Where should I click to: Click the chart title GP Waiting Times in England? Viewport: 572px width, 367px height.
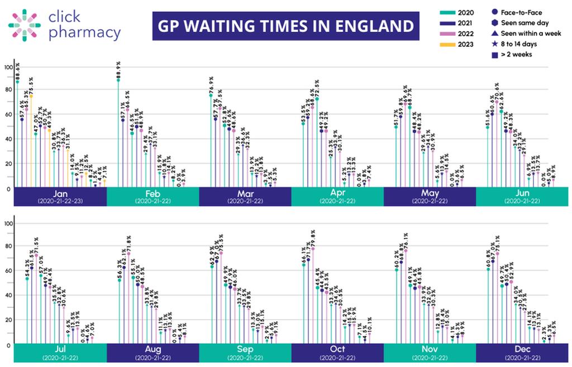click(x=285, y=26)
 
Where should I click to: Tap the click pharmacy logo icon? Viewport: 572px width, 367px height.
click(x=24, y=24)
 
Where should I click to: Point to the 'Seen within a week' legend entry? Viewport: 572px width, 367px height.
click(x=523, y=33)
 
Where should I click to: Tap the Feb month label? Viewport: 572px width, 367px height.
click(x=152, y=193)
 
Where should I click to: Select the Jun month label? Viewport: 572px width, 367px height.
click(x=522, y=193)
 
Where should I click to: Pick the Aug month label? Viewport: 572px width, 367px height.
click(x=152, y=350)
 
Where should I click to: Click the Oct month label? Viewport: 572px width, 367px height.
click(x=337, y=350)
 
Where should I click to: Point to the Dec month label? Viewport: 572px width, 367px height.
click(x=522, y=350)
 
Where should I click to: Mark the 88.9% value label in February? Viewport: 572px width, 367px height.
click(x=118, y=70)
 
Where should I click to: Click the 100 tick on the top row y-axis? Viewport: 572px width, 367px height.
click(x=8, y=67)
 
